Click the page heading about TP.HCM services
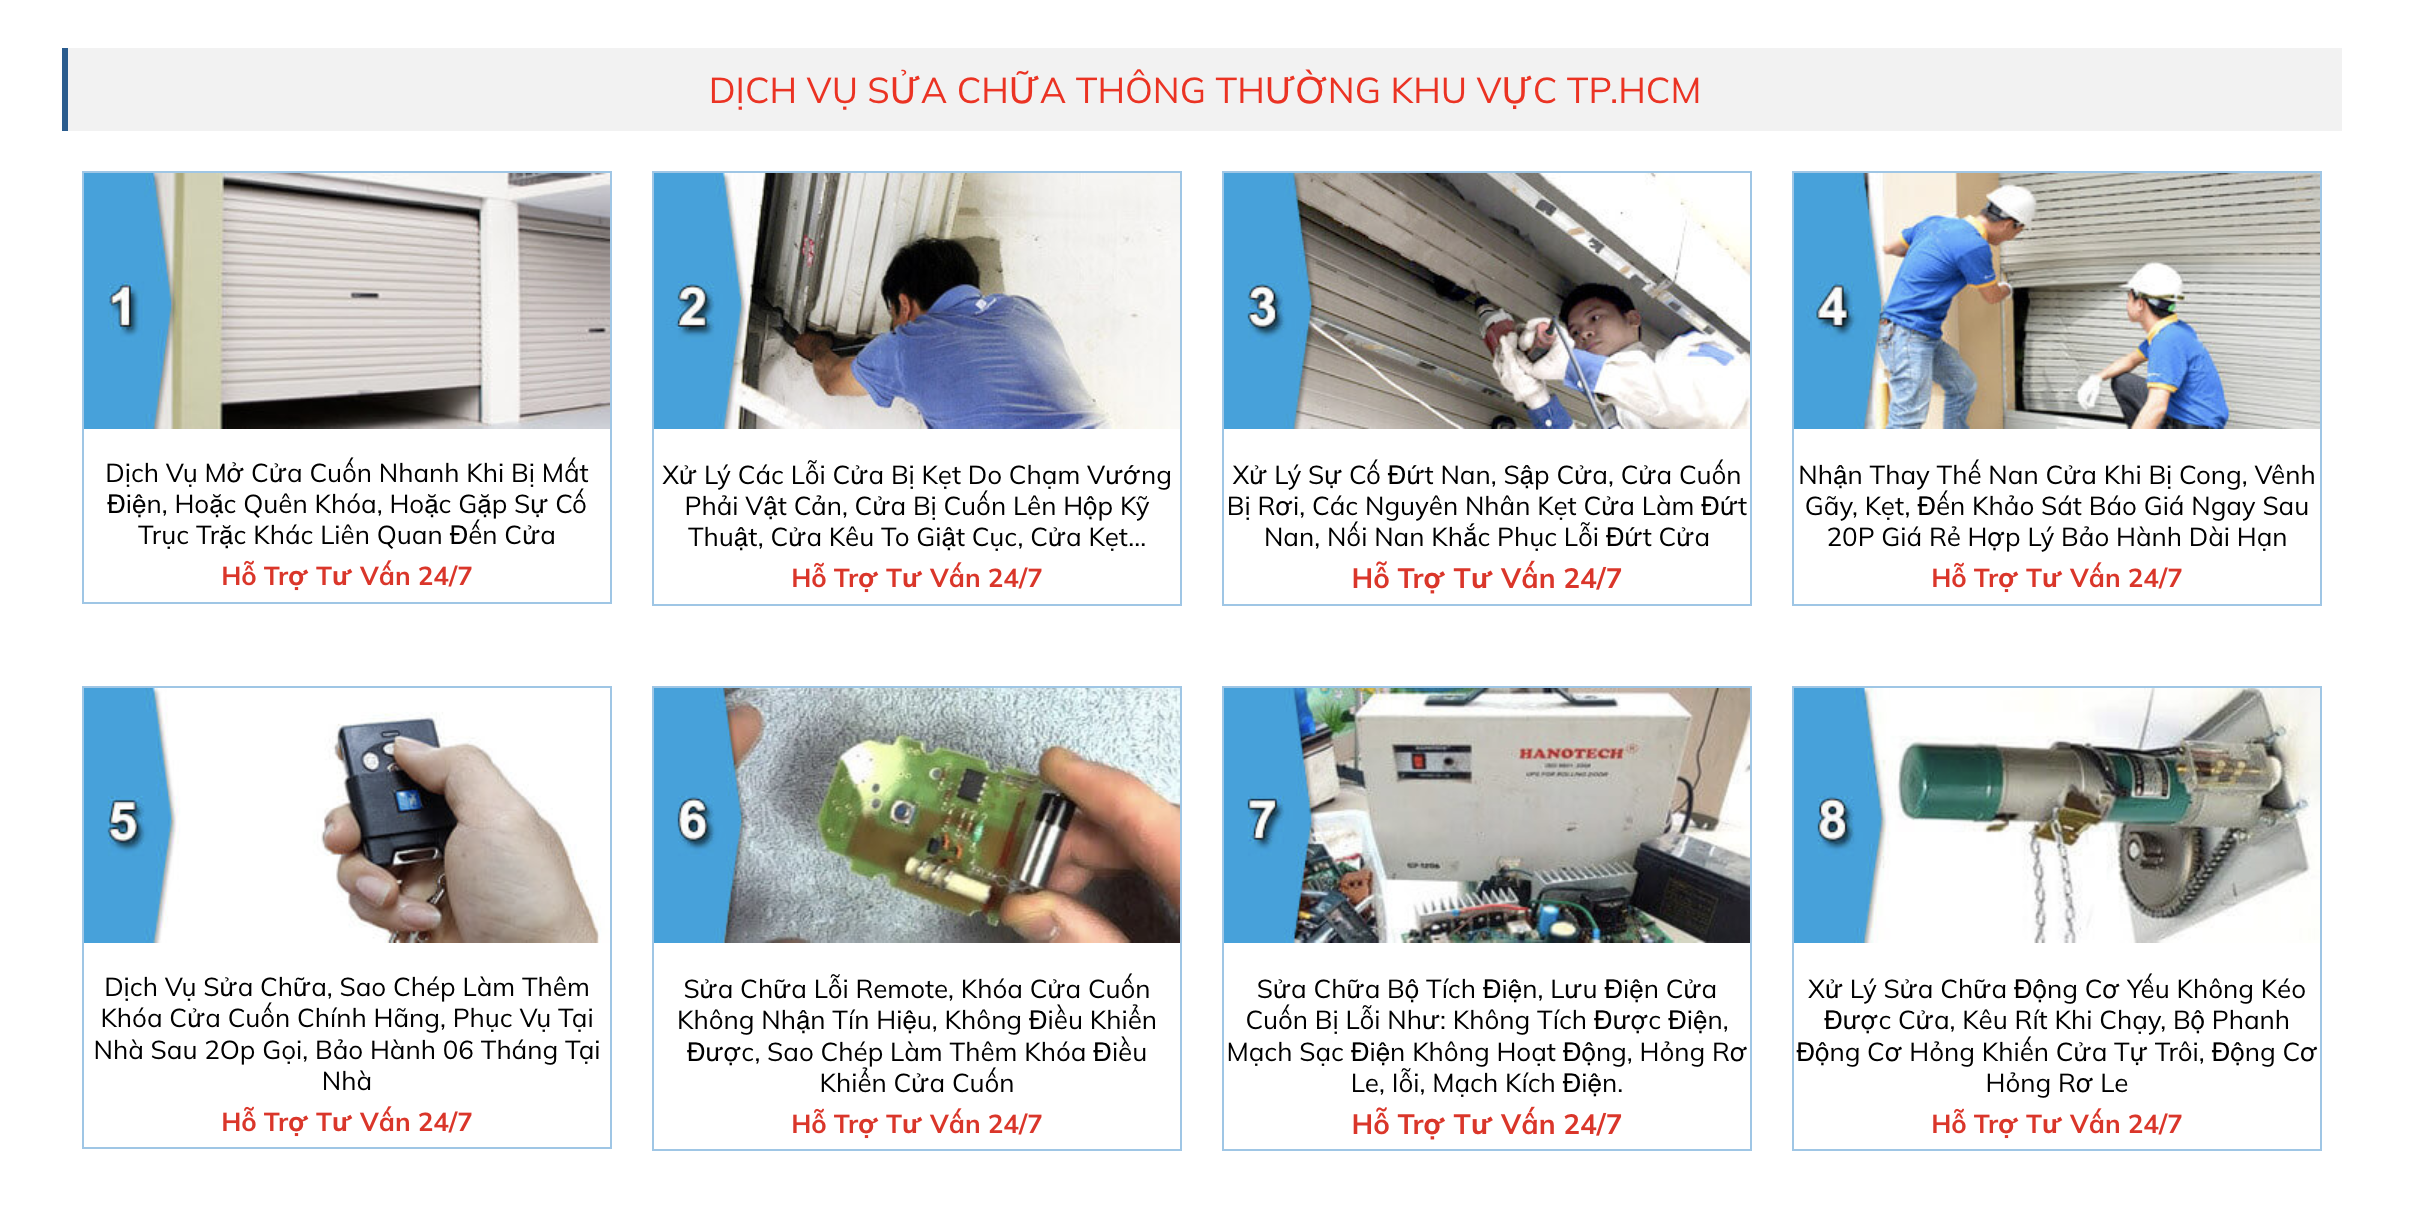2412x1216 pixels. (1204, 91)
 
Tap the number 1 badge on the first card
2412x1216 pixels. (122, 307)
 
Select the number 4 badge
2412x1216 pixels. (1832, 307)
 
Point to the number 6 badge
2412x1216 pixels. (693, 820)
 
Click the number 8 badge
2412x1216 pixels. (1832, 820)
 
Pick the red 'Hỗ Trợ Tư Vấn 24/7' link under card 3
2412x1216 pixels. (1486, 578)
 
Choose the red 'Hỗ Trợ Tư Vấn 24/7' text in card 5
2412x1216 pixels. (346, 1122)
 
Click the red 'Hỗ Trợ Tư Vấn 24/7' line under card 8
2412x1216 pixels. (2056, 1124)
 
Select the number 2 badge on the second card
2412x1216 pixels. (693, 307)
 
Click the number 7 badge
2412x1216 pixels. (1262, 820)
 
